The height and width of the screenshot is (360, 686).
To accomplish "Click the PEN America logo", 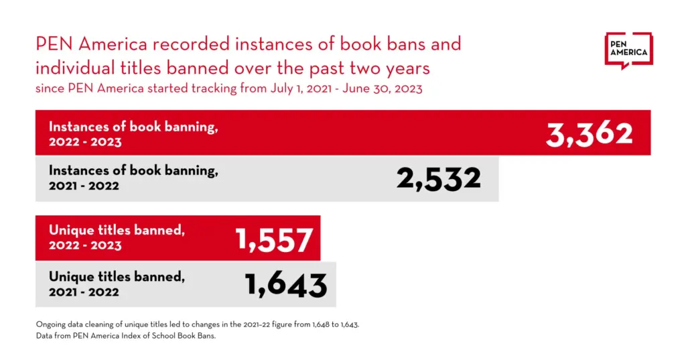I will [x=628, y=50].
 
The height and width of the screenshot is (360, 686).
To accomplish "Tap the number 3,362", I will [x=589, y=133].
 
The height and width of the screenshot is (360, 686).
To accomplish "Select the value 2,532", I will [x=439, y=179].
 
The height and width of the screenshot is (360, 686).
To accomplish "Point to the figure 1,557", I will [x=274, y=239].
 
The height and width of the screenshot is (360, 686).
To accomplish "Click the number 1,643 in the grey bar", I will [x=286, y=285].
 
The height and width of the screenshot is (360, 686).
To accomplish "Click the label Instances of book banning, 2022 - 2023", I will [x=133, y=133].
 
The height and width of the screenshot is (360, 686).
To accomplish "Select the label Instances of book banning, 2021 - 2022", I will [x=133, y=178].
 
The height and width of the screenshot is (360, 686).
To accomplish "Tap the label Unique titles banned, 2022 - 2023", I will [x=117, y=237].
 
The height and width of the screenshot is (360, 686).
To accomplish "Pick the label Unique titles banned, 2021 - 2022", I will [x=117, y=284].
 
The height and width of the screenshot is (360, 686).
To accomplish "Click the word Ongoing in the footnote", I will [x=51, y=324].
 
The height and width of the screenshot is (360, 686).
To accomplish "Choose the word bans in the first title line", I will [x=397, y=45].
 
